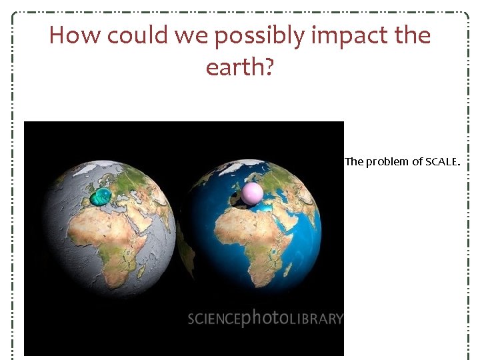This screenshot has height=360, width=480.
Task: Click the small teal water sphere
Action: pos(101,196)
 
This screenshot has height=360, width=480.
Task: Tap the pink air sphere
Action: pos(252,193)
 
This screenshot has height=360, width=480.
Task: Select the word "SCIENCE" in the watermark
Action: pos(213,319)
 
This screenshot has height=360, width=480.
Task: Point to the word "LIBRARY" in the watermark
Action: pos(316,319)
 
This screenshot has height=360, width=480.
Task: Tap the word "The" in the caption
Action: pos(354,161)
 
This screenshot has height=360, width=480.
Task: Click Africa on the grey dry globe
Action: pos(107,247)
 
